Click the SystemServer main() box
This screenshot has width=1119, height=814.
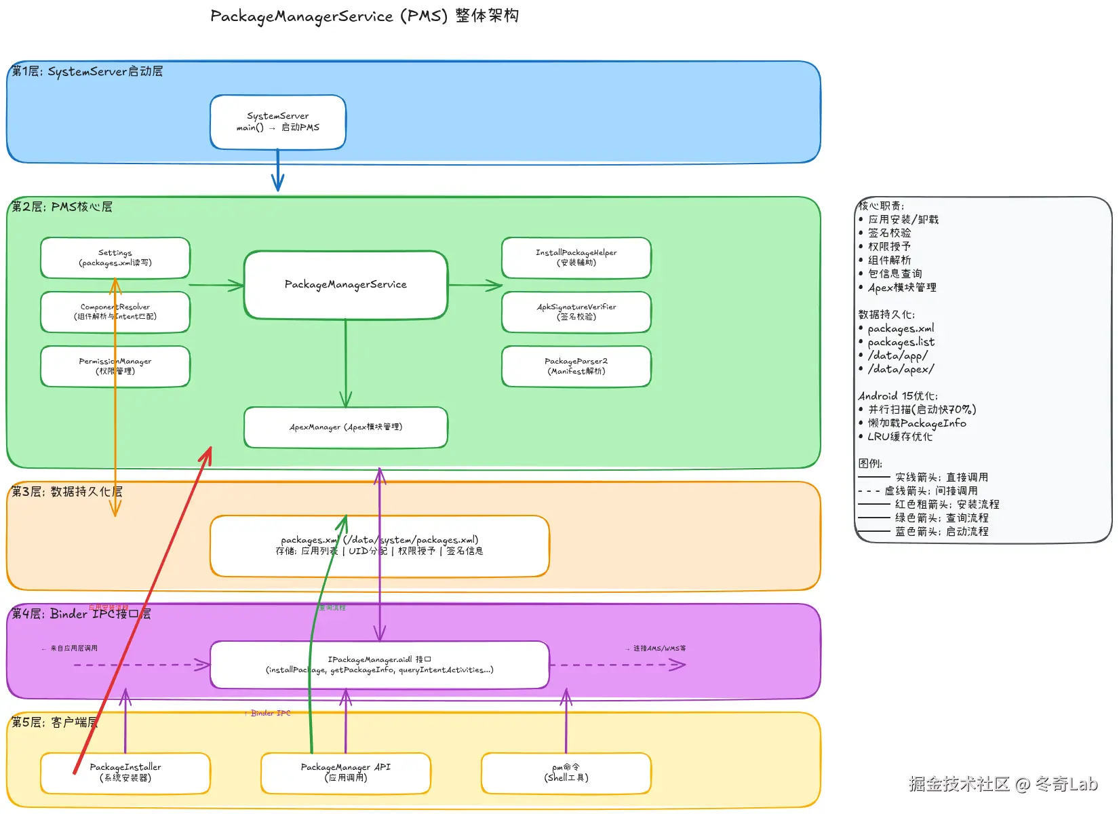(278, 122)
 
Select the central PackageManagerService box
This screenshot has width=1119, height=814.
(346, 285)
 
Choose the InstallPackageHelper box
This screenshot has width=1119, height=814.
(576, 258)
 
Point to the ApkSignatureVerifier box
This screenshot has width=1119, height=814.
(576, 312)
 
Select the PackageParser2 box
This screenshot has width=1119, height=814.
(576, 366)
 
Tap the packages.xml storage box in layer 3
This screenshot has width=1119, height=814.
(461, 546)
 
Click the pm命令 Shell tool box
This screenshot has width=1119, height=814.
(566, 773)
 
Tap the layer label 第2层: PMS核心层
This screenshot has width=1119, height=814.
(62, 207)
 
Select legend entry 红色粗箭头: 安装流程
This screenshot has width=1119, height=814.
(947, 505)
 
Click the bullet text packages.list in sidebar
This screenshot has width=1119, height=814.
(901, 342)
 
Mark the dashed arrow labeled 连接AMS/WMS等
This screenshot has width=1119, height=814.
(617, 665)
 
